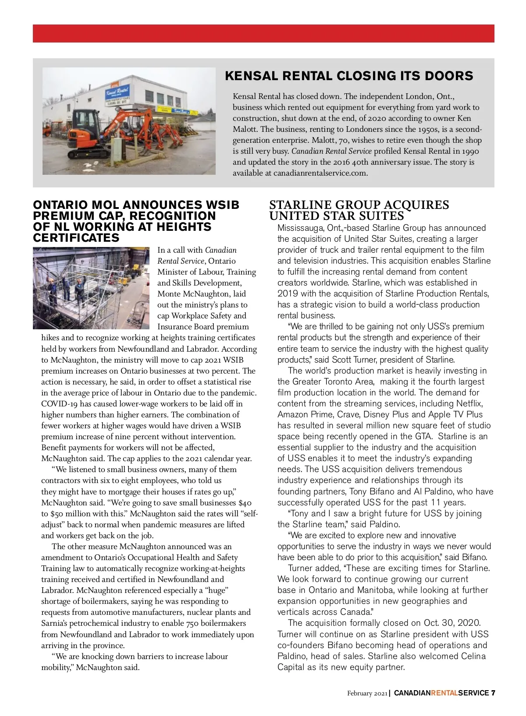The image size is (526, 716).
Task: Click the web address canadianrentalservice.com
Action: [x=320, y=173]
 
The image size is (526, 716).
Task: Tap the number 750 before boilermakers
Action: [x=192, y=623]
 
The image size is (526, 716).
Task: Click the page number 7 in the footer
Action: [x=493, y=693]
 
